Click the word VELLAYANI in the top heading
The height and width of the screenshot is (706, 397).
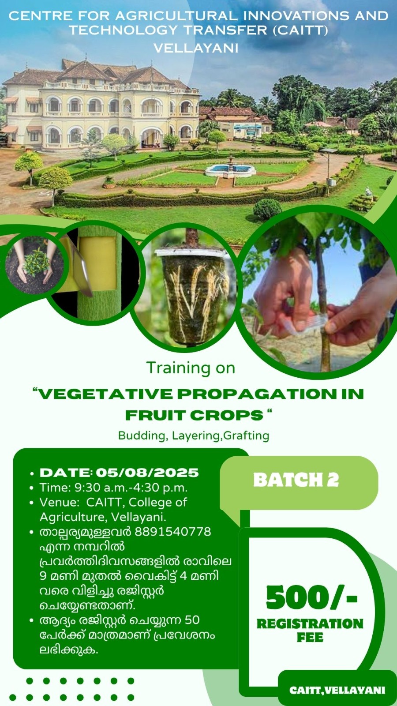(196, 48)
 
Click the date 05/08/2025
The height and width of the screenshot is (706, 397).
(147, 473)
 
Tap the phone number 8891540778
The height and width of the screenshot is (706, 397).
(173, 531)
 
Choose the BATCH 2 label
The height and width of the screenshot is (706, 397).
(296, 480)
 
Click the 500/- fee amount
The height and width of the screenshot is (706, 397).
(311, 597)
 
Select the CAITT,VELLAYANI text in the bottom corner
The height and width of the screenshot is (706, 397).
(337, 690)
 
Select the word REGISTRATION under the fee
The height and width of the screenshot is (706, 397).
(310, 624)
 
